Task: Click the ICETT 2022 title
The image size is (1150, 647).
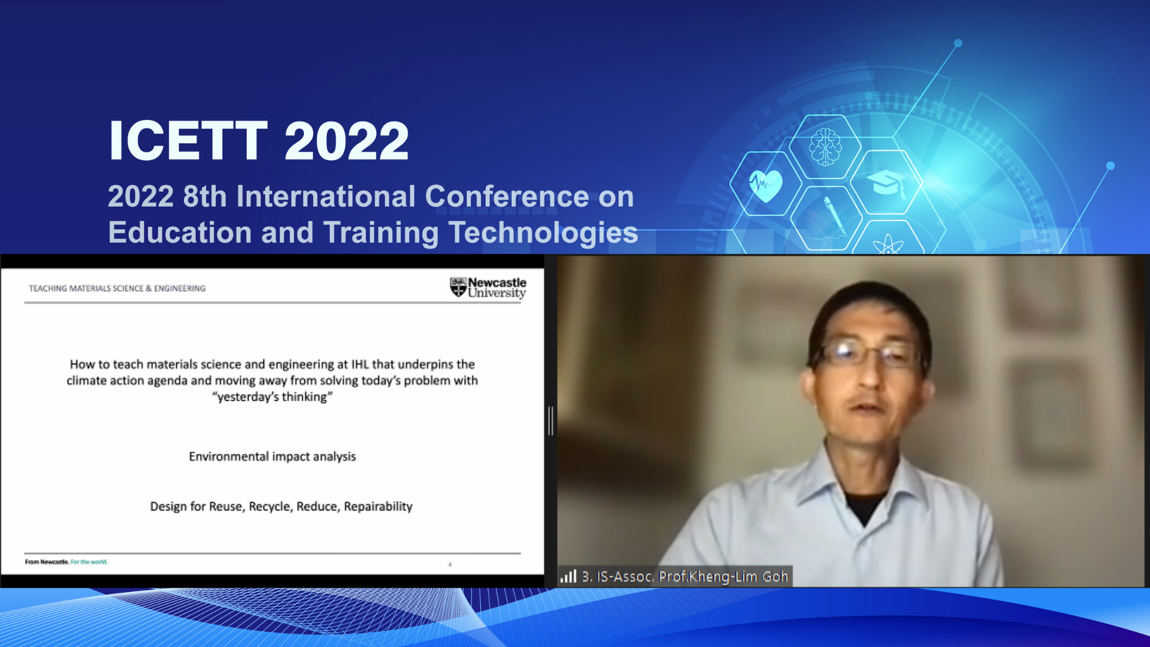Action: (259, 141)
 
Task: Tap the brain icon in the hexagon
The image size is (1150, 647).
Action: (825, 147)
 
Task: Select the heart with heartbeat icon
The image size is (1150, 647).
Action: (765, 185)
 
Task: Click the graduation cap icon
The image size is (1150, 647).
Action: (885, 182)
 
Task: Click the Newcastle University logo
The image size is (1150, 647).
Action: (488, 288)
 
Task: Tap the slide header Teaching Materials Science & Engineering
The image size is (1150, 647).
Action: (117, 288)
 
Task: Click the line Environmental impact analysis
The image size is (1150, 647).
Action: (273, 456)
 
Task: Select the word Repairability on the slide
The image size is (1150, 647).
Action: (378, 506)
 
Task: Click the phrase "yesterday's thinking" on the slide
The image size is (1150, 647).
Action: (273, 397)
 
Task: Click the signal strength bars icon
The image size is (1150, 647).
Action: (568, 576)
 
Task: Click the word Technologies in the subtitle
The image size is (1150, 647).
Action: (543, 233)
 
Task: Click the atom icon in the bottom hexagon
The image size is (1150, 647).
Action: (888, 244)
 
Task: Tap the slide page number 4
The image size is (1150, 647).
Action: (450, 564)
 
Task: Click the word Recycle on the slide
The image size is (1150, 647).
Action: (269, 506)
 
